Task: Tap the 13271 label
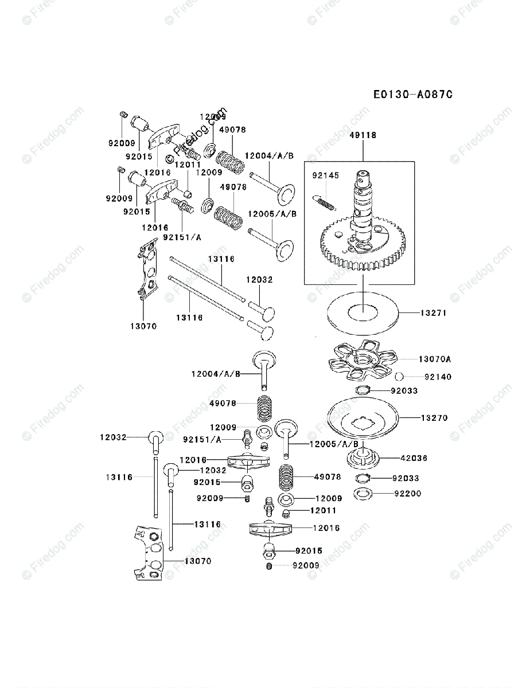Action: pos(434,314)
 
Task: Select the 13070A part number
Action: pos(434,359)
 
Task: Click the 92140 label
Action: pos(438,377)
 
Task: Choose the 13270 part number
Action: pos(434,418)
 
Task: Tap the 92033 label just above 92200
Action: pos(406,478)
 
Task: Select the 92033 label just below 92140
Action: pos(404,390)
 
